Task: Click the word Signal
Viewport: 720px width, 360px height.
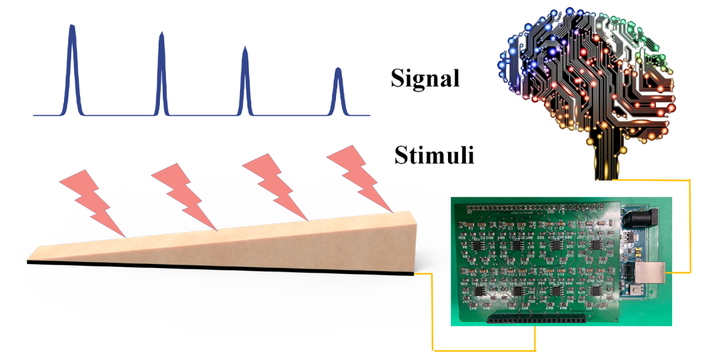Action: coord(425,78)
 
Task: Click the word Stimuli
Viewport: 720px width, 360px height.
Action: coord(434,156)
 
